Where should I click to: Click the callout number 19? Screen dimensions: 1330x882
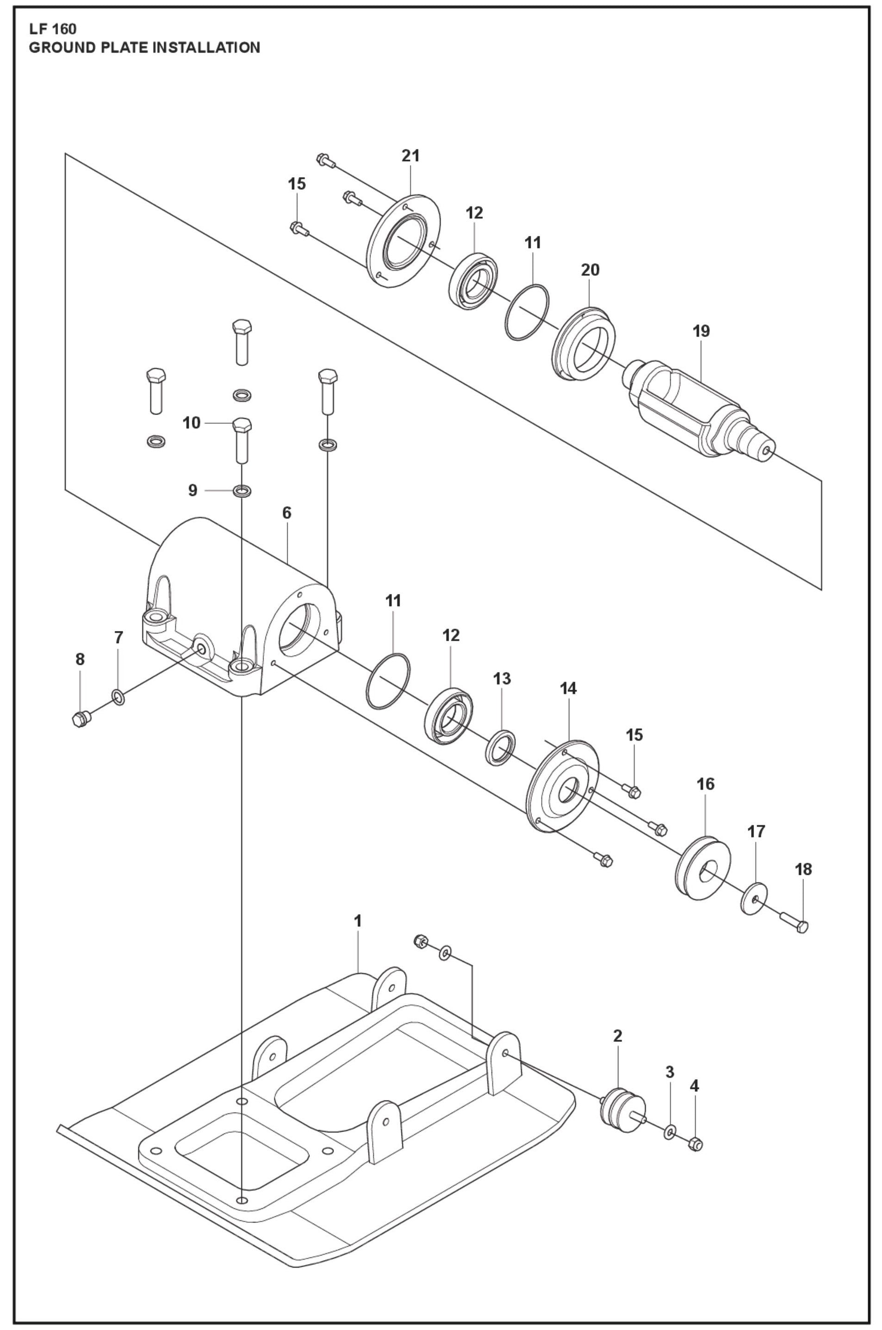click(x=702, y=331)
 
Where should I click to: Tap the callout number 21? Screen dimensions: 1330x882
click(x=411, y=156)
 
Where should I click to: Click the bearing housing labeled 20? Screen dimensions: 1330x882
click(x=584, y=346)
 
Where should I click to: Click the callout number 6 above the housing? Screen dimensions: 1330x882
click(x=287, y=513)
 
